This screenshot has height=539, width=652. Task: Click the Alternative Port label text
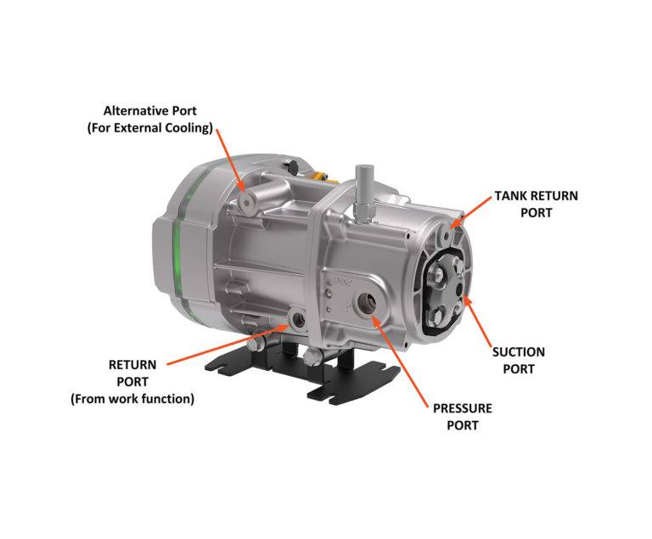click(x=149, y=110)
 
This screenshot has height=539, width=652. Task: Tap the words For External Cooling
click(x=149, y=127)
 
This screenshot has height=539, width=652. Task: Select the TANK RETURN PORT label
click(x=536, y=205)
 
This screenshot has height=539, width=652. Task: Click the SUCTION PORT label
click(x=519, y=360)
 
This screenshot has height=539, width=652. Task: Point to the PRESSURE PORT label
click(x=463, y=417)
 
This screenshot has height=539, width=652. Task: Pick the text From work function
click(x=132, y=399)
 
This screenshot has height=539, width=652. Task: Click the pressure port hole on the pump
click(x=368, y=303)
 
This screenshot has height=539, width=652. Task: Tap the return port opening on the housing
click(x=299, y=319)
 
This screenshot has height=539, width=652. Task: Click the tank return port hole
click(x=447, y=236)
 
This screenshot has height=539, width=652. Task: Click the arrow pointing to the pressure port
click(x=400, y=361)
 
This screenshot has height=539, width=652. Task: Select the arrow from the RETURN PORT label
click(x=228, y=345)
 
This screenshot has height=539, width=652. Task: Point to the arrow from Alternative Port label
click(x=231, y=160)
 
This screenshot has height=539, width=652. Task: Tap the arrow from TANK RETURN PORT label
click(x=470, y=212)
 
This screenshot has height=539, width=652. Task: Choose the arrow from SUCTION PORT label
click(x=477, y=321)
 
